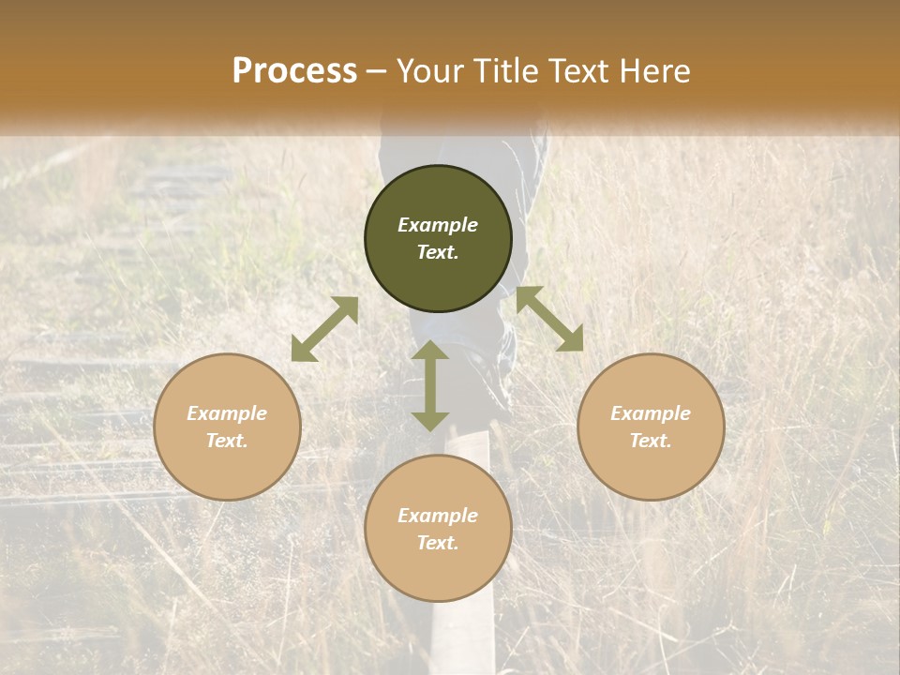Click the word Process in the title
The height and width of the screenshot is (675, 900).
[294, 71]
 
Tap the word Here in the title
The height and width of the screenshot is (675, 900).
[656, 71]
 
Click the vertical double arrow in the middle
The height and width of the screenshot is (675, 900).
[430, 385]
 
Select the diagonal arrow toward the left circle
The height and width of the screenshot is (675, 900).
[324, 329]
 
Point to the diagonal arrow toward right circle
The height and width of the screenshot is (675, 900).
[549, 319]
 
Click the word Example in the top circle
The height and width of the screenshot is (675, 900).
[438, 225]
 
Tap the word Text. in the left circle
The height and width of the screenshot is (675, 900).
[227, 441]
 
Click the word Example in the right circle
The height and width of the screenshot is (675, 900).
[651, 413]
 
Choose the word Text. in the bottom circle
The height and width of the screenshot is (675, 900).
[438, 543]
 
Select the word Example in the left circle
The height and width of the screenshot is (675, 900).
[227, 413]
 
